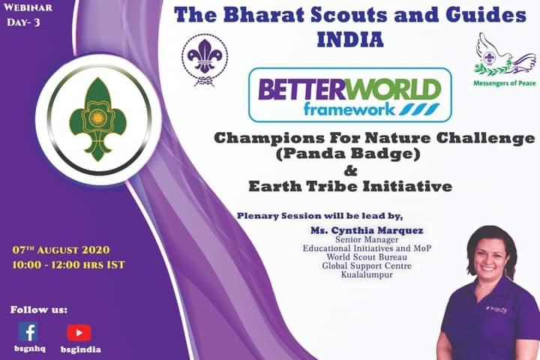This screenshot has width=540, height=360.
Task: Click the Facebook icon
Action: [x=28, y=332]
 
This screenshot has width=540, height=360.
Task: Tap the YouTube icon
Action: [x=79, y=332]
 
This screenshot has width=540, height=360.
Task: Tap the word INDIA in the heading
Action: [x=350, y=39]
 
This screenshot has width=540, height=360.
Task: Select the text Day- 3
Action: [x=25, y=22]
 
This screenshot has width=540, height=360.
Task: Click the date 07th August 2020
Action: [x=62, y=249]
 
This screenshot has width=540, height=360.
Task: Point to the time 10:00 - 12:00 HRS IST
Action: [x=68, y=265]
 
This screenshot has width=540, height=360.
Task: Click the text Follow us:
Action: [x=39, y=309]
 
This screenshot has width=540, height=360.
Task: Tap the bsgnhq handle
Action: [x=28, y=349]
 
